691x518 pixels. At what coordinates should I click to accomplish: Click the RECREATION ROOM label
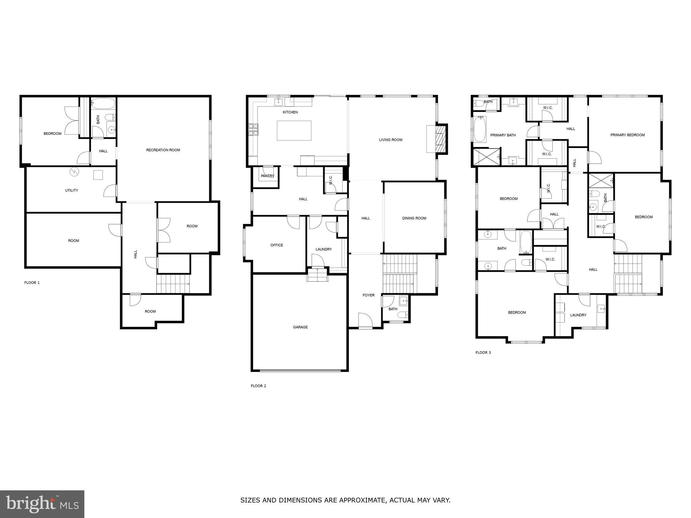(163, 150)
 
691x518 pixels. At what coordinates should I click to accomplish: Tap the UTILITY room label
(72, 191)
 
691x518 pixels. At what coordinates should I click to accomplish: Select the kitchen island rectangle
(294, 131)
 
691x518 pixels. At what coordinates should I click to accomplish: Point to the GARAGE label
(300, 327)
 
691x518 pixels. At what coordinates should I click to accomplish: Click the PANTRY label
(267, 176)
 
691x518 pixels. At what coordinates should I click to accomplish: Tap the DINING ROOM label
(414, 218)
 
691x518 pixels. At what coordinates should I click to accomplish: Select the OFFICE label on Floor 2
(277, 245)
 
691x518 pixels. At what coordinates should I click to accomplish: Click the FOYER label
(368, 295)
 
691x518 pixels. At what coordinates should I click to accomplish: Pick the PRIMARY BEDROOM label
(627, 135)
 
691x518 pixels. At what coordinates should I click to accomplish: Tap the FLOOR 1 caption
(32, 283)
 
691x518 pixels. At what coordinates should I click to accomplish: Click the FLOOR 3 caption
(483, 352)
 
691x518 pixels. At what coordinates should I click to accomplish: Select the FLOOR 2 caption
(258, 386)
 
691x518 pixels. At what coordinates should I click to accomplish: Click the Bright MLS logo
(42, 504)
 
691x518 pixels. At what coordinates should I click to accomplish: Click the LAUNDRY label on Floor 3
(578, 315)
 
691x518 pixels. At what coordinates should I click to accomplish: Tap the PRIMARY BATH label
(503, 135)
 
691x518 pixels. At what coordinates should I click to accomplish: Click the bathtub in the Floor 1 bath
(103, 103)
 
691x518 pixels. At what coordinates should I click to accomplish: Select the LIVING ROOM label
(390, 140)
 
